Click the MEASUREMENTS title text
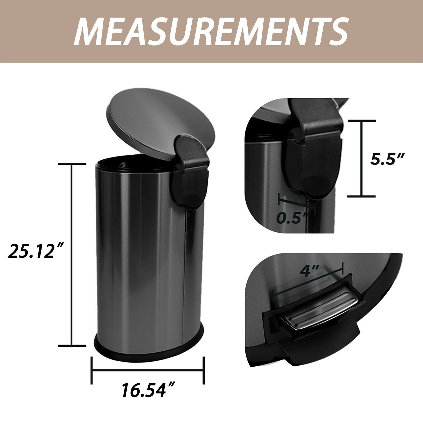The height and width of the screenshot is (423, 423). pyautogui.click(x=211, y=31)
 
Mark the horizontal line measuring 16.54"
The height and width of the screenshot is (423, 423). pyautogui.click(x=148, y=370)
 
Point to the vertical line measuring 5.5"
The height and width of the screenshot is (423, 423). pyautogui.click(x=361, y=159)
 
